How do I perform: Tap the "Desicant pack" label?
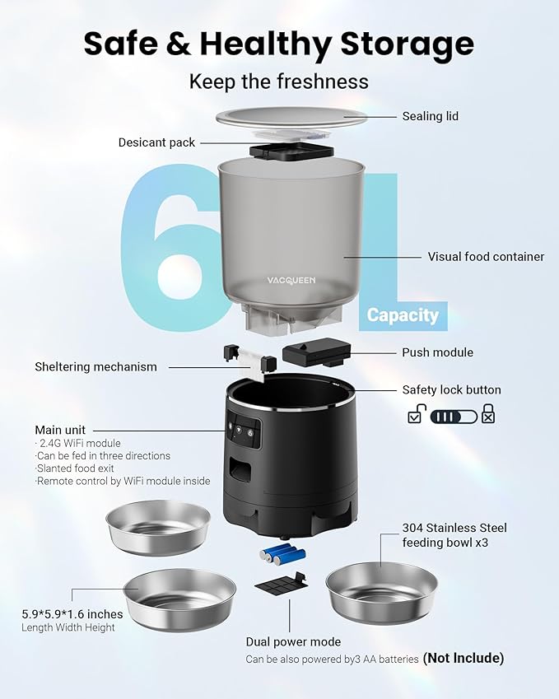click(156, 142)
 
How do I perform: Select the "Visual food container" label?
click(486, 257)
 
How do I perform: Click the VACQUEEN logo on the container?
click(291, 280)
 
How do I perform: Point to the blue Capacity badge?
click(403, 315)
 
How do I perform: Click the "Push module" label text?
click(437, 352)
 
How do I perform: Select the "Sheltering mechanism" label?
click(95, 366)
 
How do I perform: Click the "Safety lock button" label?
click(451, 390)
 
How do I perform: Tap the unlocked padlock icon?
click(416, 415)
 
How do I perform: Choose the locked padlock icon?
click(488, 414)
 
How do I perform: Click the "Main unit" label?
click(60, 430)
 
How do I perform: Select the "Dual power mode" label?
click(293, 641)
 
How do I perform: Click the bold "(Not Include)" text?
click(463, 658)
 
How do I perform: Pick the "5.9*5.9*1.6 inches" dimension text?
click(72, 614)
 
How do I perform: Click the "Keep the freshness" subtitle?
click(279, 82)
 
